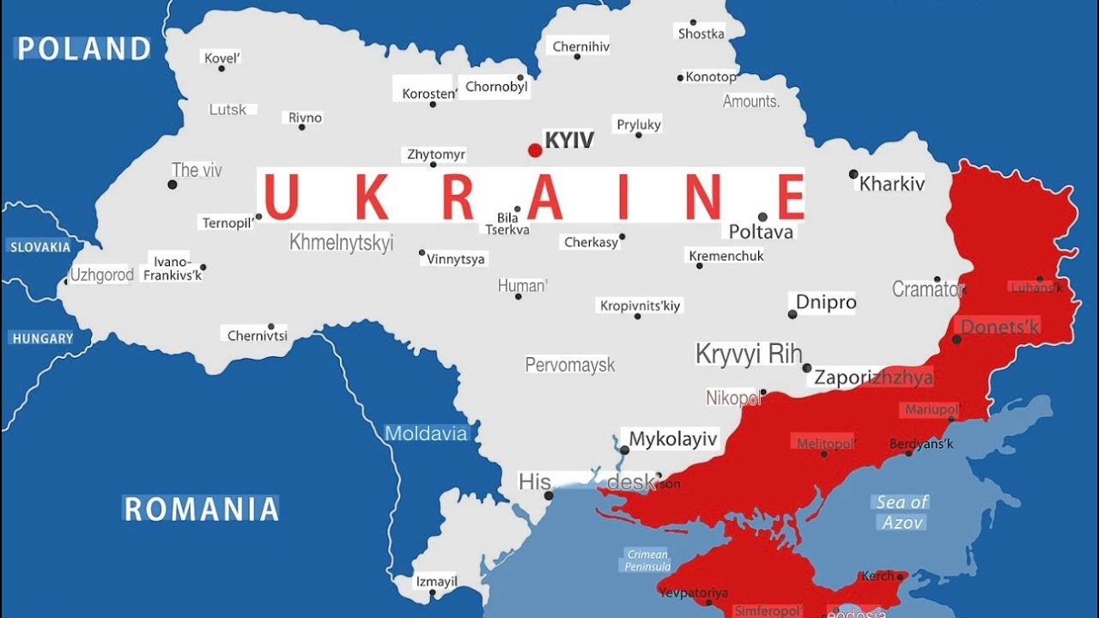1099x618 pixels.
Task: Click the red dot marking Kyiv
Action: click(x=535, y=150)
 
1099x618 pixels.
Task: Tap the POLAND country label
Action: click(x=84, y=49)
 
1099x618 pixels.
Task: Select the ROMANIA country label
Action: click(x=202, y=509)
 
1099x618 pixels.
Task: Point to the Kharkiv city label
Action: click(x=892, y=184)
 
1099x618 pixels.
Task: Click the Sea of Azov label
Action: click(x=902, y=512)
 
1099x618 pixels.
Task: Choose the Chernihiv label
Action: click(x=581, y=47)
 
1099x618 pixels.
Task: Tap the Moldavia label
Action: click(x=426, y=433)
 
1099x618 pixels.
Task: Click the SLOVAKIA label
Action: click(x=40, y=247)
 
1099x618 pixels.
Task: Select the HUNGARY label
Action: click(x=43, y=338)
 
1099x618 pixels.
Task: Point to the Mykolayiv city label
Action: click(x=673, y=439)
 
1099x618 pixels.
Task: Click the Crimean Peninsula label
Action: click(x=647, y=560)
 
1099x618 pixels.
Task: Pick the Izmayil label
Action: click(x=435, y=581)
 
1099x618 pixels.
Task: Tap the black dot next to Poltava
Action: click(x=762, y=217)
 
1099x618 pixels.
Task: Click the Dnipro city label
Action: click(x=826, y=302)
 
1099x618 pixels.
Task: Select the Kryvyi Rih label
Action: click(x=749, y=354)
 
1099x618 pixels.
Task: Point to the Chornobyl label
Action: click(x=497, y=87)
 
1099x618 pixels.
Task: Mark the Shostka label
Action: click(x=701, y=34)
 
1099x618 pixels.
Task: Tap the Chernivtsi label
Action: click(x=258, y=336)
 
